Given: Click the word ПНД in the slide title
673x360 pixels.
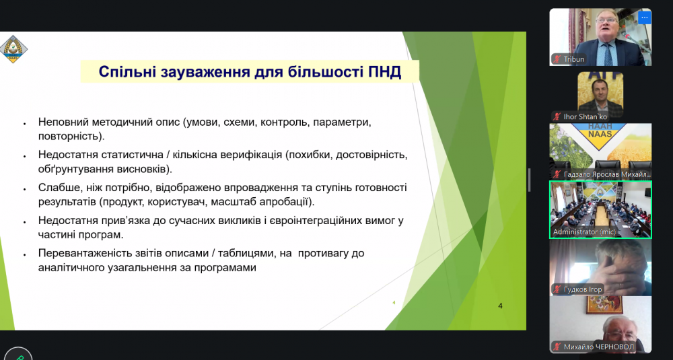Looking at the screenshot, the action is coord(384,71).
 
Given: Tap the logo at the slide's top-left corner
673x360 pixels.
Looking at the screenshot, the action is coord(13,49).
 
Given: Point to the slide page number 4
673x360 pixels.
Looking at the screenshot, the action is coord(500,306).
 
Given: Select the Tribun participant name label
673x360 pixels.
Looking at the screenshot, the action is coord(574,59).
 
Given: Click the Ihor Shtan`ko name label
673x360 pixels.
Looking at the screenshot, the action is coord(586,116).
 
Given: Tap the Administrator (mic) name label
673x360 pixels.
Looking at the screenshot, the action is coord(584,231).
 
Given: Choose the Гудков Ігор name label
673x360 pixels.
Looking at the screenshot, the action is coord(583,289).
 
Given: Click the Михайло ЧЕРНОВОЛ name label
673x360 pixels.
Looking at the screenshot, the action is coord(598,347).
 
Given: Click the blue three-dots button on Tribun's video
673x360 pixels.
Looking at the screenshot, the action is coord(644,17).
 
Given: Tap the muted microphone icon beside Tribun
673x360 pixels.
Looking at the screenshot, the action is coord(557,59).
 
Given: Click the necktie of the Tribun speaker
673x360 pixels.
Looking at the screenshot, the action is coord(608,55).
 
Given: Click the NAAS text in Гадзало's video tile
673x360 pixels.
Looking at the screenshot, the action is coord(600,134).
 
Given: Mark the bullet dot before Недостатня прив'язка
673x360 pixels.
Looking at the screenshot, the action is coord(25,222).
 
